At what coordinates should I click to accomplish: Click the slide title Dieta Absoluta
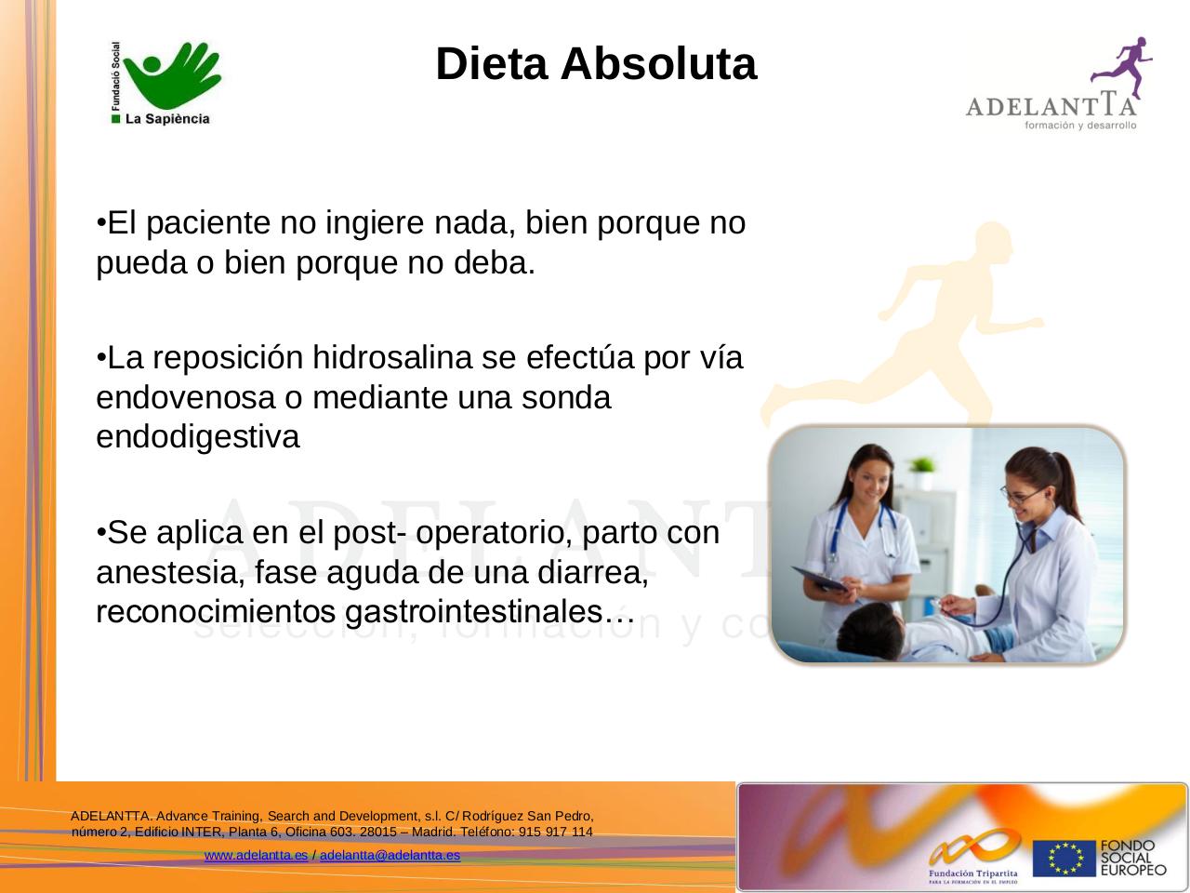coord(596,64)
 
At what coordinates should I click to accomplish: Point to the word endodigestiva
coord(198,436)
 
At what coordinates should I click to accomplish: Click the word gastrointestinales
coord(473,612)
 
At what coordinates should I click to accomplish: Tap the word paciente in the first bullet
coord(203,223)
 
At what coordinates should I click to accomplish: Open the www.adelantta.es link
coord(256,855)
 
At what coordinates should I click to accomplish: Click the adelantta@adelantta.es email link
coord(390,855)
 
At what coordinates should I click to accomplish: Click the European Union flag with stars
coord(1064,859)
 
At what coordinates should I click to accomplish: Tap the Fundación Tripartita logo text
coord(972,873)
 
